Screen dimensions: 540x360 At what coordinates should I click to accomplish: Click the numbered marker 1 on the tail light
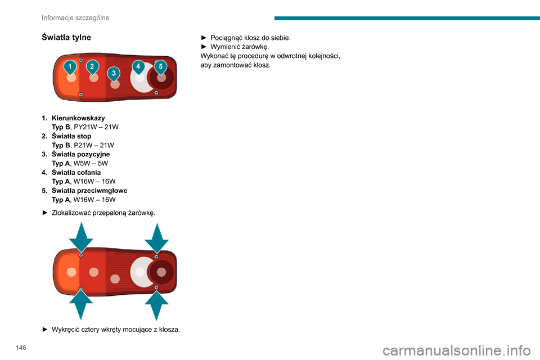[70, 67]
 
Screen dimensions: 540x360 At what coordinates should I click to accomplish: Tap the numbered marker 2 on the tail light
[92, 67]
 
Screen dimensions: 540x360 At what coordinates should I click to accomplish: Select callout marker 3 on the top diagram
[114, 74]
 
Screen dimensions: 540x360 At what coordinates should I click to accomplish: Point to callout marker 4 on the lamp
[138, 66]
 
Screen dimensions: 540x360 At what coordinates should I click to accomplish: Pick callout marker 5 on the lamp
[160, 67]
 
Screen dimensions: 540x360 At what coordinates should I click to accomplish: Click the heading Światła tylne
[66, 37]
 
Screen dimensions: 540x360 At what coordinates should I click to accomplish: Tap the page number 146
[21, 348]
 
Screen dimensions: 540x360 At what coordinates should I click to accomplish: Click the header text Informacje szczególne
[75, 17]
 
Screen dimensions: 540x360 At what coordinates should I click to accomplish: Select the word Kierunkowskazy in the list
[79, 118]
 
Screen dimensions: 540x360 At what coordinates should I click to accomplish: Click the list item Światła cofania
[76, 172]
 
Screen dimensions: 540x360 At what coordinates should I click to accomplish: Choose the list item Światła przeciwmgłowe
[89, 191]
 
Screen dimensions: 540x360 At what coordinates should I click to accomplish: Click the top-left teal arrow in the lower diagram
[81, 237]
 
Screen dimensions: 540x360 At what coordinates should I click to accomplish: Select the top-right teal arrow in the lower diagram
[157, 238]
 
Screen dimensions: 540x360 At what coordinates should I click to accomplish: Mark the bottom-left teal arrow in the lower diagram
[81, 304]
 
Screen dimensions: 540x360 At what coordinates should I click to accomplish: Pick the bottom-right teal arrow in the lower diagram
[157, 305]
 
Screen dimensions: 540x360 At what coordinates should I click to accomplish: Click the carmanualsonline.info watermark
[457, 350]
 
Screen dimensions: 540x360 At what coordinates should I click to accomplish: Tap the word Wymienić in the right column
[225, 47]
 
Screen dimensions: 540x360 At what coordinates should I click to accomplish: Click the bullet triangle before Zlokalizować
[45, 213]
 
